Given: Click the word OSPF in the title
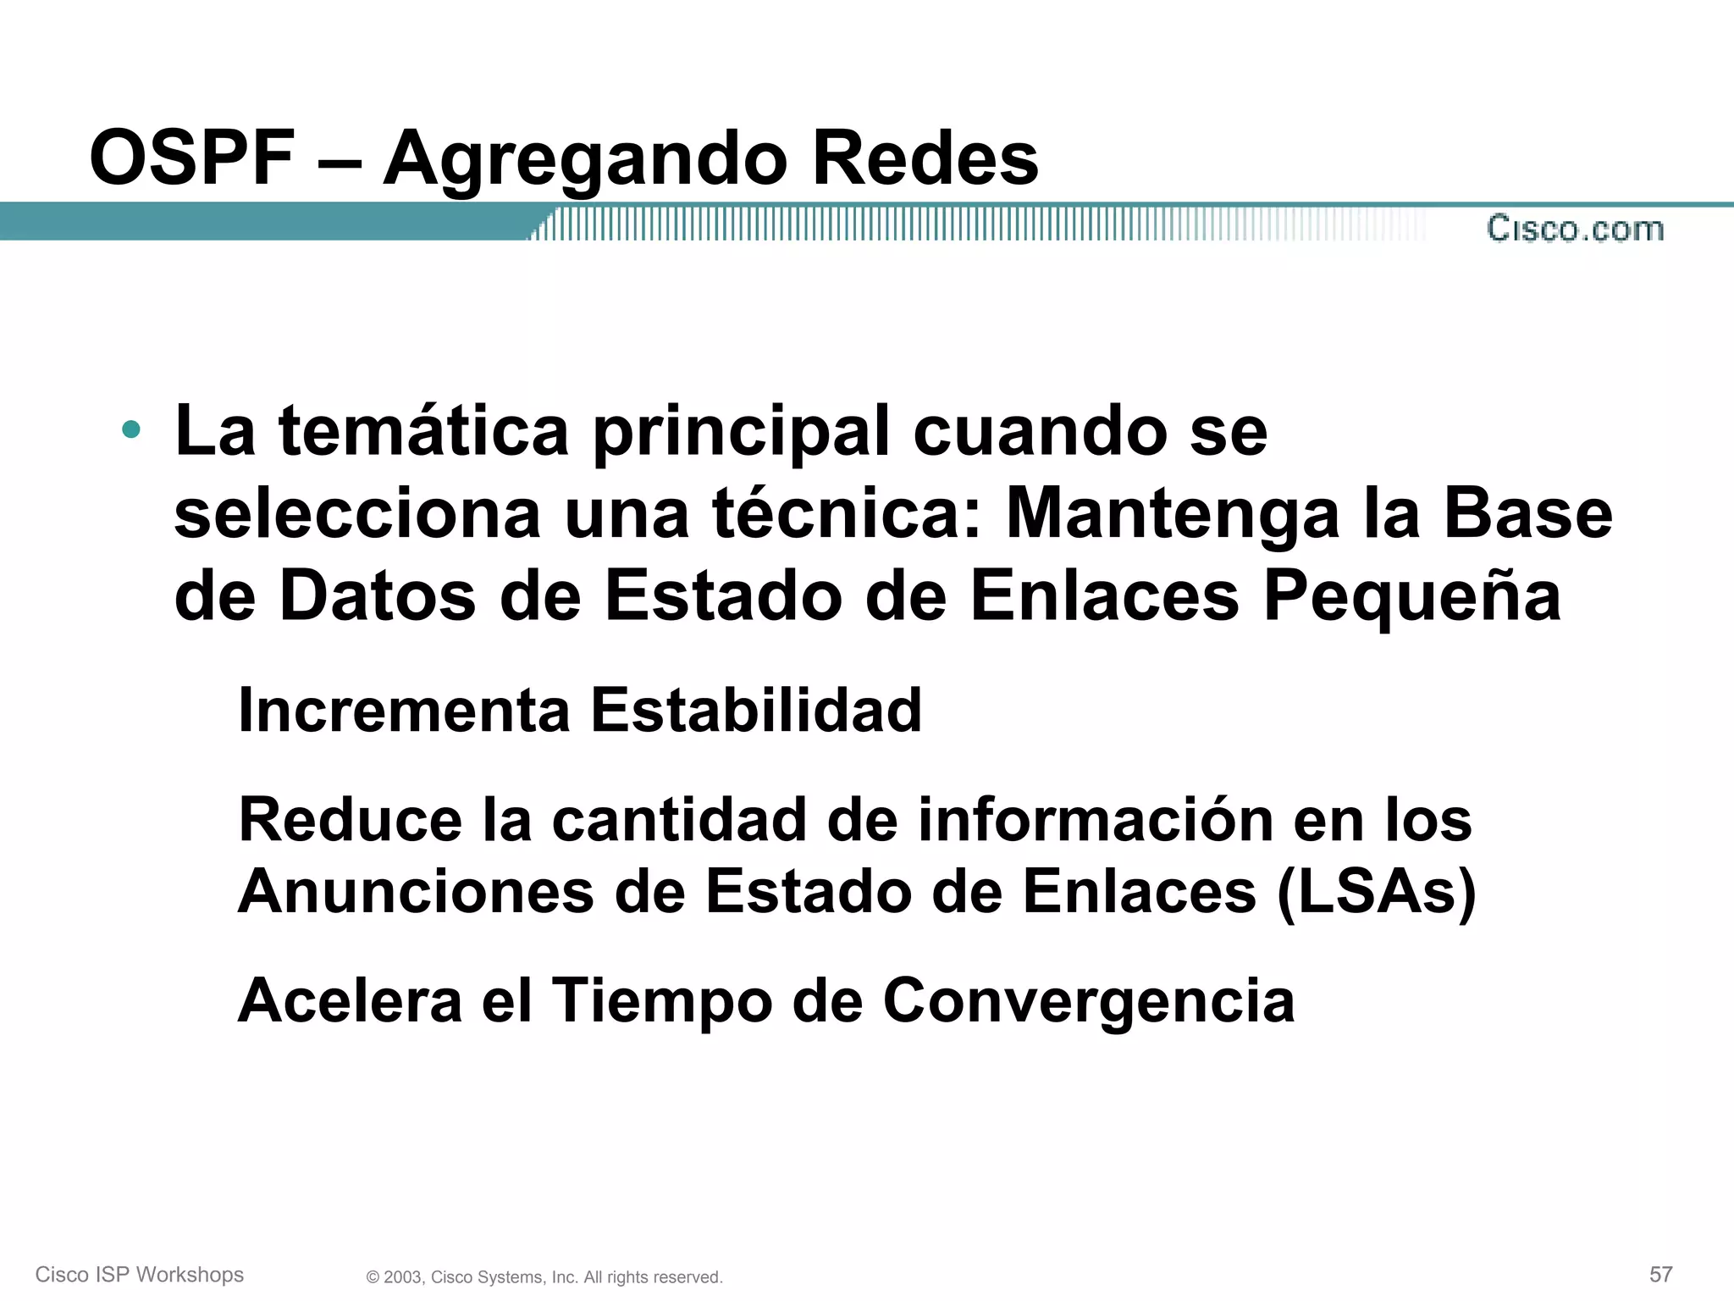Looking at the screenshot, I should [x=192, y=158].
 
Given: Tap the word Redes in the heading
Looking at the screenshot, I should [x=925, y=158].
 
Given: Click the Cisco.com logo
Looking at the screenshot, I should [x=1575, y=230].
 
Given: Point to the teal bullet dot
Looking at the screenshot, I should [x=130, y=429].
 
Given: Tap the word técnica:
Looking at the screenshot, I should [x=848, y=513].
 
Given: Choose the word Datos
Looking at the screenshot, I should [x=378, y=596].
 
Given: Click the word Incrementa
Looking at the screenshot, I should [x=404, y=710].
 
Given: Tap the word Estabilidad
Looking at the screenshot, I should [x=755, y=710].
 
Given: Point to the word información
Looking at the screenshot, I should [x=1096, y=820].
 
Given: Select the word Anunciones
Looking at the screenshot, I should [x=416, y=892].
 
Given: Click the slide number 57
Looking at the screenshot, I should [x=1660, y=1275].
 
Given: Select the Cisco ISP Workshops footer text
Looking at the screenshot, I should [x=140, y=1275].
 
